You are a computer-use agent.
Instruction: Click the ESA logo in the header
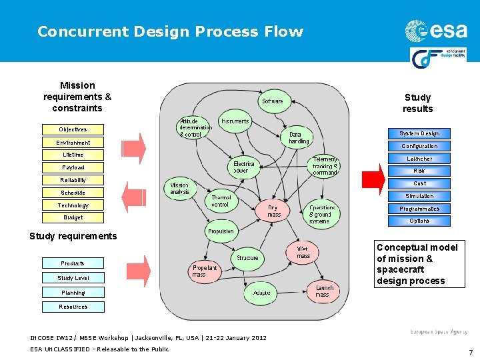tap(436, 31)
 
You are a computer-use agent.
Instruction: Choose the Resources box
tap(73, 307)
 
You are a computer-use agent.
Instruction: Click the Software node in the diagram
tap(272, 101)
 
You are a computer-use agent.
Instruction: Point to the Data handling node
tap(299, 137)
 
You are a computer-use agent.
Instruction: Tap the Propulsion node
tap(221, 231)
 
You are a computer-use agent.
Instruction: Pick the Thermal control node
tap(220, 201)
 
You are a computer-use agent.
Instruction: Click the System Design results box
tap(419, 133)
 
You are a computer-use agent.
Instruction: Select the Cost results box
tap(419, 183)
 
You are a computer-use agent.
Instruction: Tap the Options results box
tap(419, 221)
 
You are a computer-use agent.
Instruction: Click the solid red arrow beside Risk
tap(373, 177)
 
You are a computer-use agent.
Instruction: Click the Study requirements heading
tap(73, 236)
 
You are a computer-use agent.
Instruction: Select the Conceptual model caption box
tap(417, 264)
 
